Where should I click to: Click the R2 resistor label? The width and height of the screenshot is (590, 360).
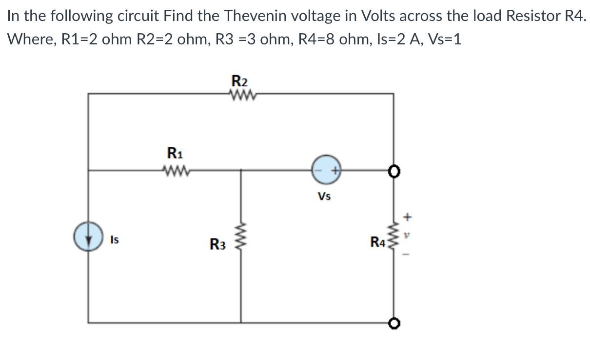coord(239,80)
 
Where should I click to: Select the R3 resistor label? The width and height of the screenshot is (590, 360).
coord(217,243)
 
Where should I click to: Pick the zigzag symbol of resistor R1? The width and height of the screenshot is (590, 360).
coord(174,170)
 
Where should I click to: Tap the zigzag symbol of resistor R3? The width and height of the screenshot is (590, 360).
coord(241,238)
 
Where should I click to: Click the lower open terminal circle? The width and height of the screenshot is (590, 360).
coord(393,322)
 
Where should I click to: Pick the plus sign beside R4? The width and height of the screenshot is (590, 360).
coord(409,215)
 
